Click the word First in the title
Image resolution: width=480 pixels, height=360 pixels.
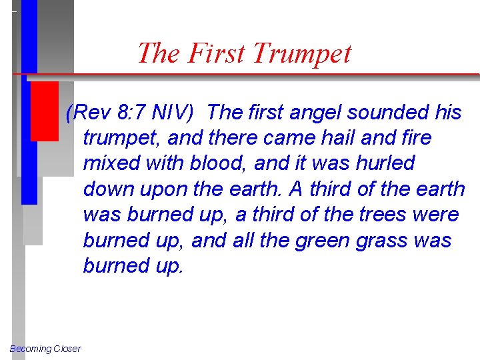(x=217, y=53)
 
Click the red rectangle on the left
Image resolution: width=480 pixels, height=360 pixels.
(x=45, y=111)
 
